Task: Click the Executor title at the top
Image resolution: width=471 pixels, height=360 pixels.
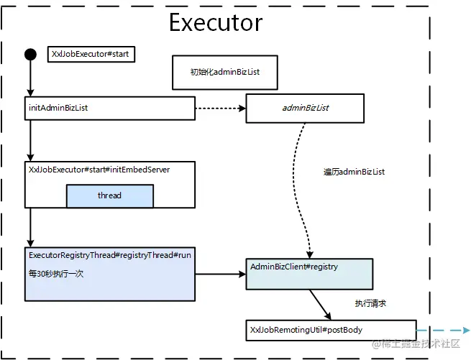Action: [215, 22]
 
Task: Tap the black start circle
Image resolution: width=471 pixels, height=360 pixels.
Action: [30, 54]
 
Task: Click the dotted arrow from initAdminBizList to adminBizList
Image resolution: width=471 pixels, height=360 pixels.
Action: [219, 109]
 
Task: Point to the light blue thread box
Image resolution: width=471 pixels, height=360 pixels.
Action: [109, 195]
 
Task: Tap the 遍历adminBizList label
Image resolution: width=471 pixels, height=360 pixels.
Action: [355, 172]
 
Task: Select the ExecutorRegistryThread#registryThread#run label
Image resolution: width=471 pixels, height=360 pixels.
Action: [110, 254]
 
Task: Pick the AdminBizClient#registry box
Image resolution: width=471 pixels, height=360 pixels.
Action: [309, 274]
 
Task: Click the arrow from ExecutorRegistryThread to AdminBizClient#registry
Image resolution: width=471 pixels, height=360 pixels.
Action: [220, 274]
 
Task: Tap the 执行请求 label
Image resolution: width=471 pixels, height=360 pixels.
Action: [371, 304]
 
